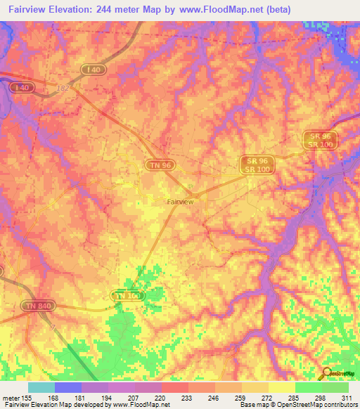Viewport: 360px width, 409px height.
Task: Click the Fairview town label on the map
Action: click(180, 202)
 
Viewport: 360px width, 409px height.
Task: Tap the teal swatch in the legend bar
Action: click(41, 387)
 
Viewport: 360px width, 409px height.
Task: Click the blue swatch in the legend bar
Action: click(67, 387)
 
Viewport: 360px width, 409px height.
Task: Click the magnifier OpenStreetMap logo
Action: click(327, 372)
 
